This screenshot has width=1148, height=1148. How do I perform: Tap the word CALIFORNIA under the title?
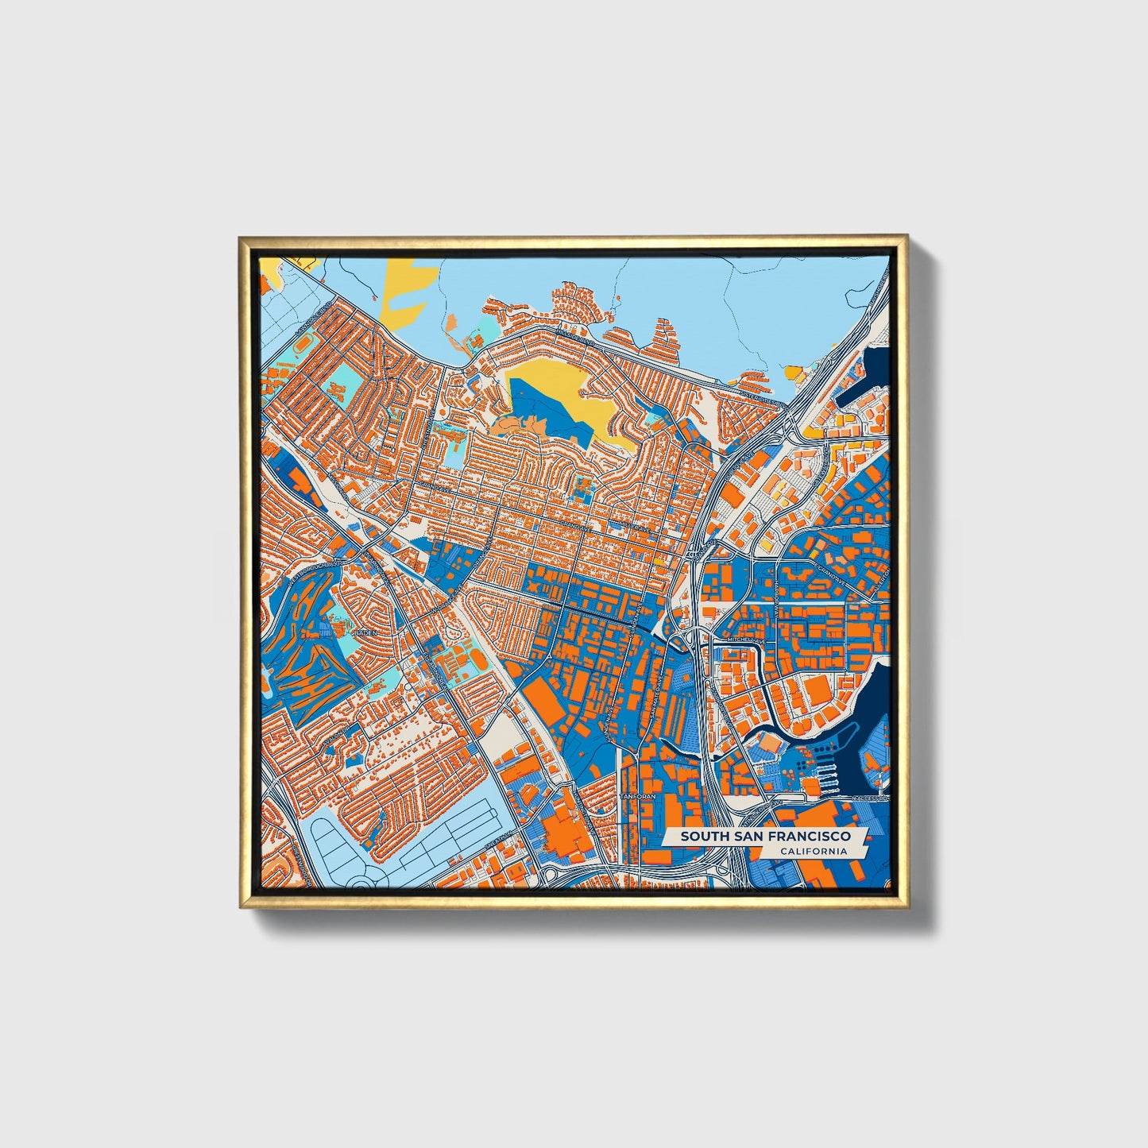[812, 852]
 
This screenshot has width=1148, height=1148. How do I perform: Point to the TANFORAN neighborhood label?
[637, 795]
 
